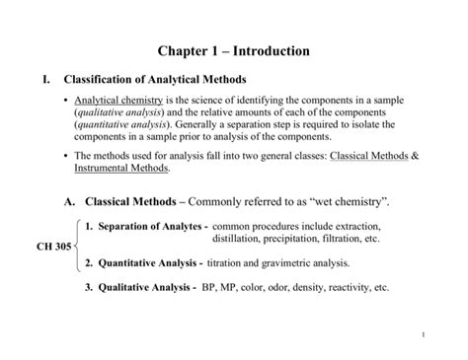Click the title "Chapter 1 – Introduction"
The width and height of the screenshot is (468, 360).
(x=233, y=50)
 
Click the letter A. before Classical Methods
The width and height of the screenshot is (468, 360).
(x=69, y=202)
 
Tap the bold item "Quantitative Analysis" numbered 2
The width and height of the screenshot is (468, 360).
(x=149, y=263)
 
